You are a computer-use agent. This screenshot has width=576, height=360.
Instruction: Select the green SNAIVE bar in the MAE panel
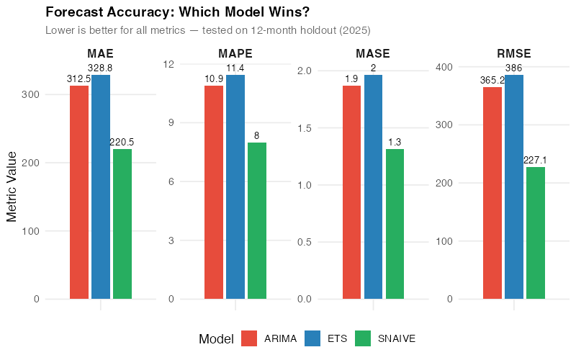coord(122,224)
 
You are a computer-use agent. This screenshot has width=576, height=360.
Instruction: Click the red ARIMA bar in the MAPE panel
coord(214,192)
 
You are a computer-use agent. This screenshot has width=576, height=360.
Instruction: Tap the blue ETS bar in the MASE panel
coord(373,186)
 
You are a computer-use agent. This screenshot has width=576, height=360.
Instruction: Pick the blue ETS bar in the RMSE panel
coord(514,186)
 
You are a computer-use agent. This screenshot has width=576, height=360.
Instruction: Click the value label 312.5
coord(78,78)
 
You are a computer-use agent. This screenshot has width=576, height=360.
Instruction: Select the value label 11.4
coord(235,68)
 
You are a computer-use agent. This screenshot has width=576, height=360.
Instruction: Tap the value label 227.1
coord(536,161)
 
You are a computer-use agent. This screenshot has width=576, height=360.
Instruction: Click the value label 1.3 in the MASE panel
coord(395,143)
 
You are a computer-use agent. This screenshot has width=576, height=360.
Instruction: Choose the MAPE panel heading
coord(235,53)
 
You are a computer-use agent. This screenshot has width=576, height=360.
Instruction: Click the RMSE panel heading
coord(514,53)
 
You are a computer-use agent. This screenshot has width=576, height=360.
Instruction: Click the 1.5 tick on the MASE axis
coord(303,127)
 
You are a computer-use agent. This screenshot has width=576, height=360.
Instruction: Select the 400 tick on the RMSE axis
coord(446,67)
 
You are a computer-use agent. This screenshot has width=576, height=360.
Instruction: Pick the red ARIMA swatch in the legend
coord(249,338)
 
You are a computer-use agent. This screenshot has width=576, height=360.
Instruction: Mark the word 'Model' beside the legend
coord(216,338)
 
